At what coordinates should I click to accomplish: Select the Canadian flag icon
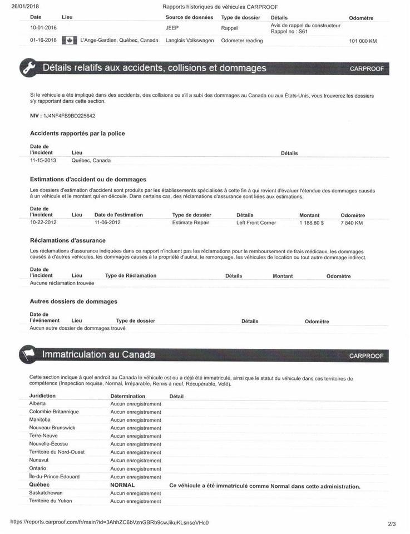tap(69, 41)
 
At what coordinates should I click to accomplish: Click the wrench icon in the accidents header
tap(28, 68)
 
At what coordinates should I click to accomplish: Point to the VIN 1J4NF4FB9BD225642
tap(69, 116)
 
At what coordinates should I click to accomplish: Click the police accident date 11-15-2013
tap(43, 160)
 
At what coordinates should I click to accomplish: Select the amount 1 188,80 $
tap(312, 222)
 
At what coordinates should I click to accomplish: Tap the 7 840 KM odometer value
tap(352, 222)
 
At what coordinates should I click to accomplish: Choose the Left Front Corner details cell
tap(256, 222)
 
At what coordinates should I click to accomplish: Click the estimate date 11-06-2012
tap(107, 222)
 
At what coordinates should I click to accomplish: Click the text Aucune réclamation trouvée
tap(62, 283)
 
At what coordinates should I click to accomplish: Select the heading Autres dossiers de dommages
tap(73, 301)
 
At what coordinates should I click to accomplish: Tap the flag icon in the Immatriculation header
tap(28, 354)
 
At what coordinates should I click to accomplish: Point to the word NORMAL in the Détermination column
tap(122, 485)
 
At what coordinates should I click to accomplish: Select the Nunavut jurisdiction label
tap(39, 460)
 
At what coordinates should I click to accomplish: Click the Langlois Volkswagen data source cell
tap(190, 41)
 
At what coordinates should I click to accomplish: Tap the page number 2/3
tap(392, 523)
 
